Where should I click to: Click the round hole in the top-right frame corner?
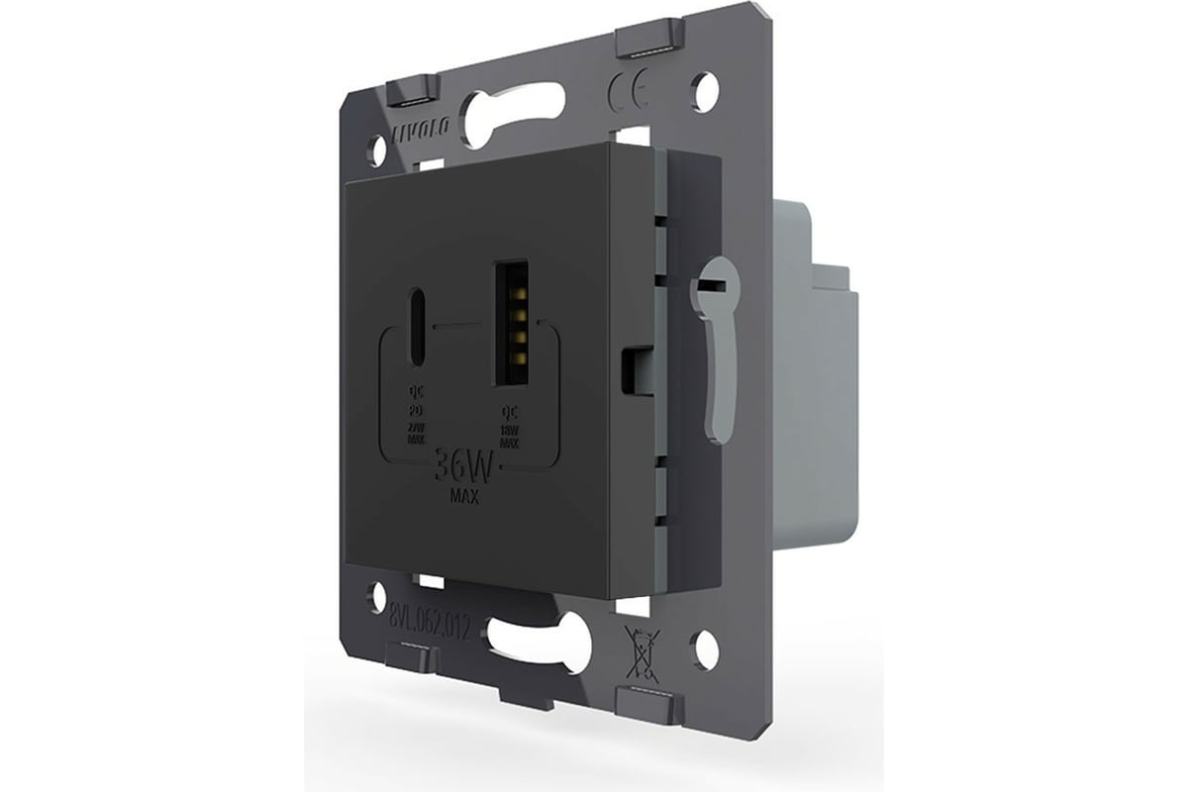(707, 90)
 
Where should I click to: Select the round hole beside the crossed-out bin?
(706, 649)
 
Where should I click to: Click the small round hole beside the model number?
(376, 595)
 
